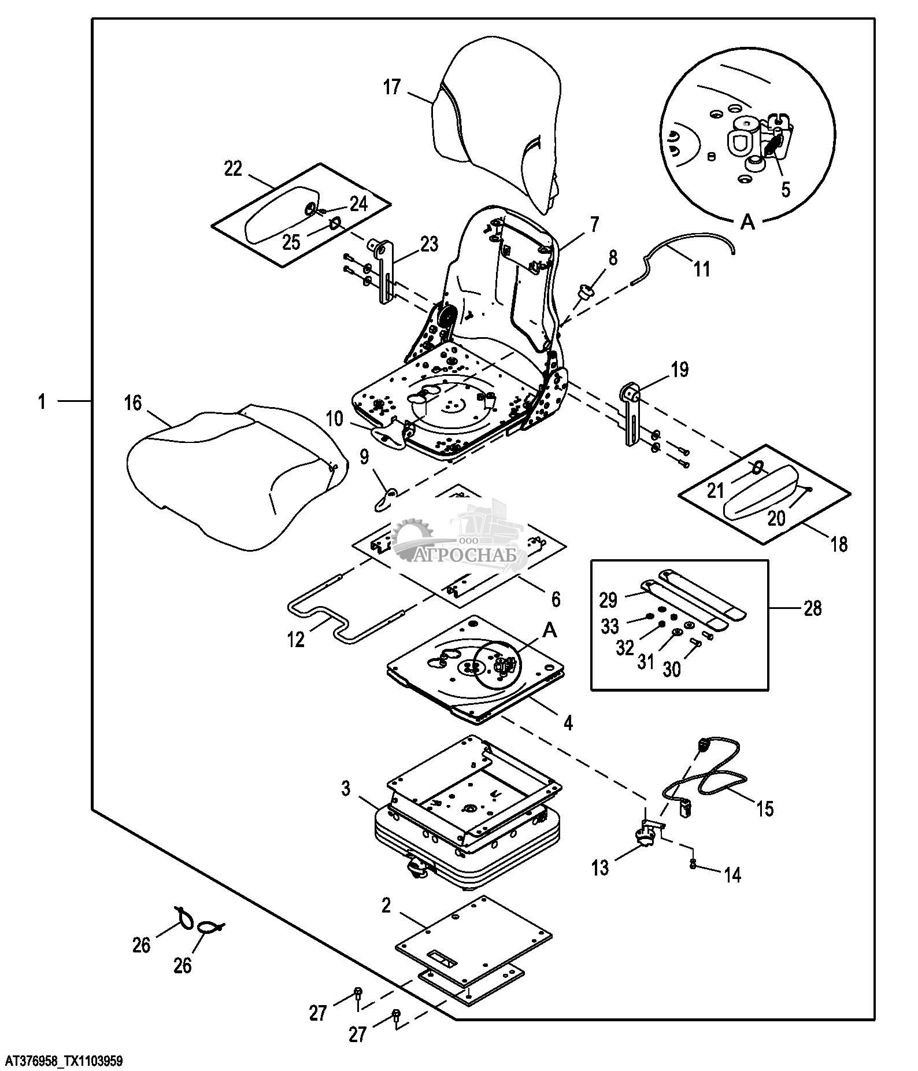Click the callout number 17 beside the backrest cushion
(391, 88)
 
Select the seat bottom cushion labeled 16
(231, 480)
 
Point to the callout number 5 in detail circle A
(785, 190)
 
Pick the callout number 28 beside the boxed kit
(812, 608)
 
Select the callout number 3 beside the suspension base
(346, 788)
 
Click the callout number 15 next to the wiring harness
(764, 808)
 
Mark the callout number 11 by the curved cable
(701, 269)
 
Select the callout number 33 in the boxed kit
(610, 626)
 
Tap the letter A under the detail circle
(748, 222)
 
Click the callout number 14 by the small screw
(731, 875)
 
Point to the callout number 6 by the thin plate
(555, 599)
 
